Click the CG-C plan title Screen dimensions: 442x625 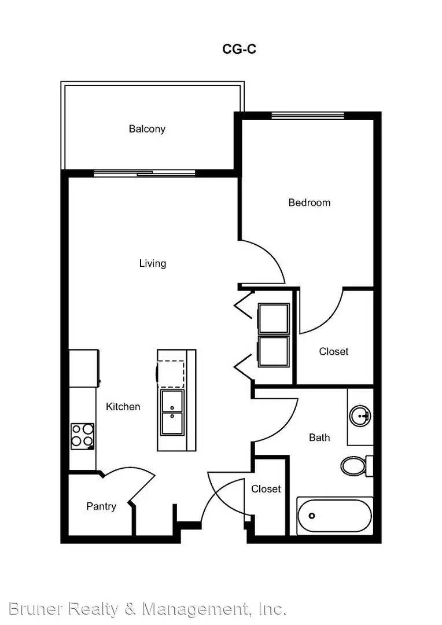click(x=239, y=49)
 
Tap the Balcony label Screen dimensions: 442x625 click(x=147, y=128)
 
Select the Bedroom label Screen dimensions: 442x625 click(x=310, y=203)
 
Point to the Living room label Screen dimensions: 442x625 click(x=153, y=263)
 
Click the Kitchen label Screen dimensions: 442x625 click(x=123, y=407)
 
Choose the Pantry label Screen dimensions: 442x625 click(x=101, y=506)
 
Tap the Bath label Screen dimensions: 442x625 click(x=319, y=437)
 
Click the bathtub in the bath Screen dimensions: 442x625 click(x=334, y=516)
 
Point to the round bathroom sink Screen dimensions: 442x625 click(x=360, y=416)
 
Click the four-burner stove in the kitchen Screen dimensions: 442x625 click(x=83, y=436)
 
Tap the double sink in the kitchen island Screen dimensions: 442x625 click(x=172, y=413)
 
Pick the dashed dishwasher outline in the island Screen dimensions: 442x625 click(x=171, y=373)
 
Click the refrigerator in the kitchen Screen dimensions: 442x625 click(x=84, y=368)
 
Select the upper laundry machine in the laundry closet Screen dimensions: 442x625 click(x=274, y=318)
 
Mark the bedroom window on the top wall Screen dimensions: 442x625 click(x=308, y=116)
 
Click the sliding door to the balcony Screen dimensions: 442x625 click(x=145, y=174)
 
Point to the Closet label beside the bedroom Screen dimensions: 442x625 click(x=334, y=352)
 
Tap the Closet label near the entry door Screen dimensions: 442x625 click(x=266, y=488)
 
